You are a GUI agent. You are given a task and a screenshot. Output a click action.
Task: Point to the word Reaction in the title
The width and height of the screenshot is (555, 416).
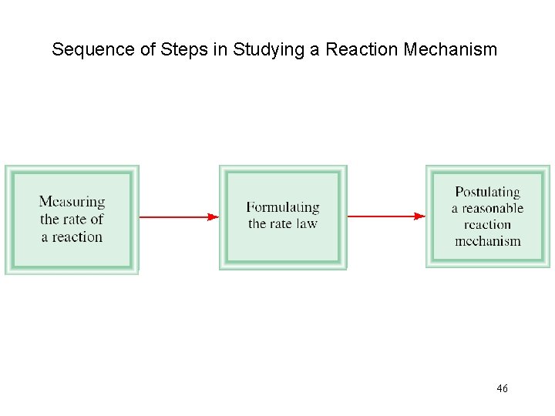pyautogui.click(x=360, y=51)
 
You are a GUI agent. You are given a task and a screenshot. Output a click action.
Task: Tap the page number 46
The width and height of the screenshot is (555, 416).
pyautogui.click(x=502, y=389)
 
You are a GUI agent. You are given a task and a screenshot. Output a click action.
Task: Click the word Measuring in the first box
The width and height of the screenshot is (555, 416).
pyautogui.click(x=72, y=202)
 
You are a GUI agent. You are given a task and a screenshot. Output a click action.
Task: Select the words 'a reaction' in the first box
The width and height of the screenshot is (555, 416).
pyautogui.click(x=72, y=237)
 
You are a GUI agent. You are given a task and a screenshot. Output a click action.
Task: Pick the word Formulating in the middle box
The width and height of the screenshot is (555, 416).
pyautogui.click(x=282, y=207)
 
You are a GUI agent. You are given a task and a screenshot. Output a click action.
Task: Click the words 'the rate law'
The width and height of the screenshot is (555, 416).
pyautogui.click(x=282, y=224)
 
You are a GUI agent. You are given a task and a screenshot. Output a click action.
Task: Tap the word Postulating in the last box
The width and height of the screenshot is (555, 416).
pyautogui.click(x=487, y=192)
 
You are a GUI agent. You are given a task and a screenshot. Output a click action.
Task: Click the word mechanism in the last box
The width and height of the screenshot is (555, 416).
pyautogui.click(x=487, y=241)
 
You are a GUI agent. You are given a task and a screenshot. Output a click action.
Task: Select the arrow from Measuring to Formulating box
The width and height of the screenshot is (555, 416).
pyautogui.click(x=177, y=217)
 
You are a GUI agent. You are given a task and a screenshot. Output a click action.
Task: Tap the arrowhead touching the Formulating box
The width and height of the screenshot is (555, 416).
pyautogui.click(x=214, y=217)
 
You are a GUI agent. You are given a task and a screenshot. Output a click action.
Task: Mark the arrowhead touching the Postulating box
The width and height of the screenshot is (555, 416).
pyautogui.click(x=420, y=216)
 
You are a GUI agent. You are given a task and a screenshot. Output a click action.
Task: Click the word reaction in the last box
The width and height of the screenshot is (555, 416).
pyautogui.click(x=487, y=225)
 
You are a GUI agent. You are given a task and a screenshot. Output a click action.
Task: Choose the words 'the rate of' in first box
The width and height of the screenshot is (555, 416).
pyautogui.click(x=72, y=220)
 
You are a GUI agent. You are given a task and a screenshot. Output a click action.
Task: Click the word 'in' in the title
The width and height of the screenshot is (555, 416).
pyautogui.click(x=220, y=51)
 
